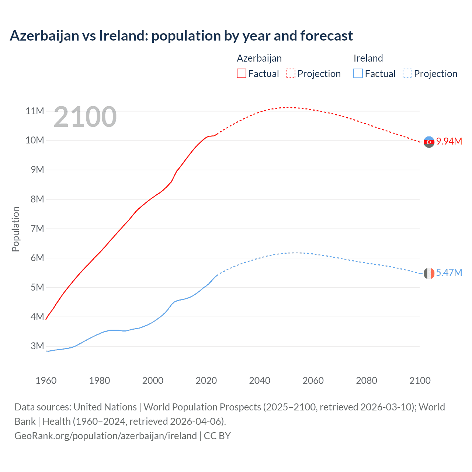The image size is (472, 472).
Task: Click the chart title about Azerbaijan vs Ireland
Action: coord(181,36)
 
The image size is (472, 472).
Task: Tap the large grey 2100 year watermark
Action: coord(85,117)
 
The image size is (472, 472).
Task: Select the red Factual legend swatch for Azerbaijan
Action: coord(242,73)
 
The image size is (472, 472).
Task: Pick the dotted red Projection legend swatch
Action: coord(291,73)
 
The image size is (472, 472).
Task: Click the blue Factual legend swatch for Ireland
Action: coord(358,73)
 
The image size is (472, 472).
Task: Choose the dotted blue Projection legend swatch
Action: coord(407,73)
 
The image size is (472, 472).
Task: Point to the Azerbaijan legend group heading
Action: coord(259,58)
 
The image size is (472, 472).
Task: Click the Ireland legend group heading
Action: coord(368,58)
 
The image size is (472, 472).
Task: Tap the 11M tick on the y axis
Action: coord(35,111)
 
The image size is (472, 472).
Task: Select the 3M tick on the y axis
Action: coord(37,346)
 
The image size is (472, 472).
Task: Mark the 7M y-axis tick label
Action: coord(37,229)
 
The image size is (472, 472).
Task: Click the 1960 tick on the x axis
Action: coord(46,381)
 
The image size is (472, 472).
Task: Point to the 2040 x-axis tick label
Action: coord(260,381)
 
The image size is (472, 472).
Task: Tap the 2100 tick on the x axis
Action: coord(420,381)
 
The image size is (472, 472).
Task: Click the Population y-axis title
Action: coord(15,229)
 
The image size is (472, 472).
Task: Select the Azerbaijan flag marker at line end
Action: coord(429,142)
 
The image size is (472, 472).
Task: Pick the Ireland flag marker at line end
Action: coord(429,273)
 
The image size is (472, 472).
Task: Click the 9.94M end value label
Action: coord(449,141)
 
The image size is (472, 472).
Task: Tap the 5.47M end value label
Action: coord(449,273)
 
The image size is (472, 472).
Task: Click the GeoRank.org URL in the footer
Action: coord(105,435)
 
